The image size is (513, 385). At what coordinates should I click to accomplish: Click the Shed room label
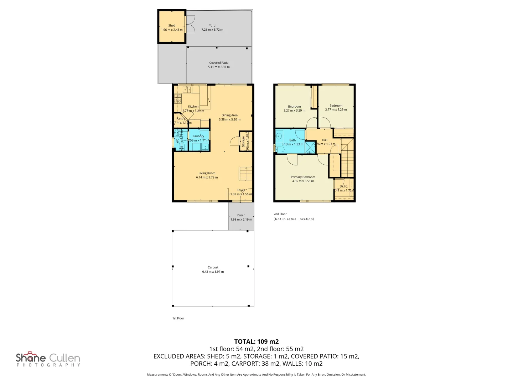click(x=172, y=26)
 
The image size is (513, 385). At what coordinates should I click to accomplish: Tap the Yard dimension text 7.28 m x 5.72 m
click(x=212, y=30)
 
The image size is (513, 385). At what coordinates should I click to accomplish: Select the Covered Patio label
click(x=219, y=63)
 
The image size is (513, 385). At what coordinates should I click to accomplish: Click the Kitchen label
click(x=193, y=107)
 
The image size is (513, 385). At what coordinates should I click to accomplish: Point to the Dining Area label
click(x=229, y=115)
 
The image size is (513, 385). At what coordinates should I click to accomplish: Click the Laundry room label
click(x=198, y=136)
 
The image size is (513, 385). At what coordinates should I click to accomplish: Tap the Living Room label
click(x=207, y=173)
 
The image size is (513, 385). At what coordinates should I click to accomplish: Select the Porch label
click(x=241, y=215)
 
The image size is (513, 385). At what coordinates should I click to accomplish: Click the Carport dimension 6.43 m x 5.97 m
click(x=213, y=272)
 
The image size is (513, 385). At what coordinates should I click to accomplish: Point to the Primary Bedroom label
click(x=303, y=177)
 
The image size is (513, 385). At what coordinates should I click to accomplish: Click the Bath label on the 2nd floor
click(x=292, y=140)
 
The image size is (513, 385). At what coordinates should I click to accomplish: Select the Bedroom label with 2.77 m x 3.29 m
click(x=336, y=106)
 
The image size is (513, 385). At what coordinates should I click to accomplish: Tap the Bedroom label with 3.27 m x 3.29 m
click(x=294, y=107)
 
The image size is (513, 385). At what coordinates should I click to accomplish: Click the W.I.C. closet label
click(x=344, y=186)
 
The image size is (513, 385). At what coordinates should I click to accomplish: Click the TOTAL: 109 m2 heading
click(x=256, y=342)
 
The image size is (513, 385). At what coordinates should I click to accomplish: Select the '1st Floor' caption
click(x=178, y=318)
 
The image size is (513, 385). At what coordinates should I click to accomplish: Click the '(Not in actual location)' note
click(x=294, y=219)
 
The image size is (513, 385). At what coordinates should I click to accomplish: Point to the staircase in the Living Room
click(x=245, y=174)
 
